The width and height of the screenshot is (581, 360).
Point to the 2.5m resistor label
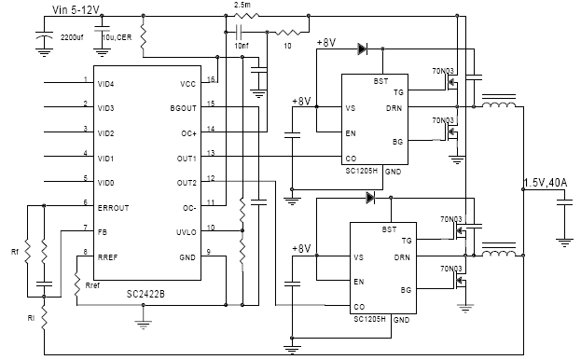tap(241, 5)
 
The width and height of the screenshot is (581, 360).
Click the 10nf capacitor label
tap(242, 45)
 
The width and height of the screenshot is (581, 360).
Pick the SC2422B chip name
tap(146, 295)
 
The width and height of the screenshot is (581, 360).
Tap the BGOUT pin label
tap(184, 108)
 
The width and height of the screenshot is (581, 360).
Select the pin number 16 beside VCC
tap(211, 80)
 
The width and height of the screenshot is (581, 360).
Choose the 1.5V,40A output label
tap(549, 182)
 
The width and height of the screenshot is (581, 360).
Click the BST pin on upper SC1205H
tap(380, 82)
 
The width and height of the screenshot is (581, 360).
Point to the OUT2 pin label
tap(186, 182)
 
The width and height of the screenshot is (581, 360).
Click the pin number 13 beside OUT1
tap(211, 153)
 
